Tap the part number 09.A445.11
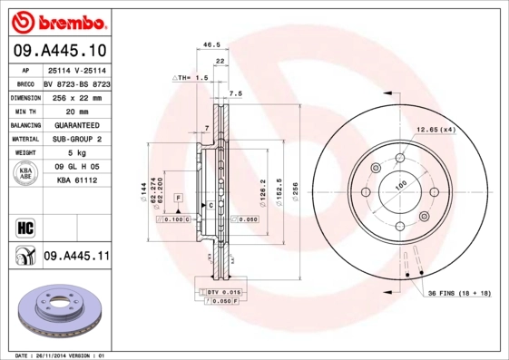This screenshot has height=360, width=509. [76, 257]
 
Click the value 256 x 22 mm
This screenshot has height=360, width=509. [75, 95]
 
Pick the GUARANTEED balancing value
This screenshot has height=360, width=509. [75, 124]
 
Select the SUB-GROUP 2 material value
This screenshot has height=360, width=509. [75, 139]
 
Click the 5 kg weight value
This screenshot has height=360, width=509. [75, 153]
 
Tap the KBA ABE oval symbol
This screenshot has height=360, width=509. [25, 174]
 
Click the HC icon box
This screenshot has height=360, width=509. [24, 225]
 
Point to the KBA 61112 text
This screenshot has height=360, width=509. [76, 181]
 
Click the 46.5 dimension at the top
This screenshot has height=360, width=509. [211, 44]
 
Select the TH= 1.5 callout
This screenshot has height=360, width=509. [191, 79]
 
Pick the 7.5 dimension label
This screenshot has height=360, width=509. [236, 93]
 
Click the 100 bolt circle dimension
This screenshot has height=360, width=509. [398, 187]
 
